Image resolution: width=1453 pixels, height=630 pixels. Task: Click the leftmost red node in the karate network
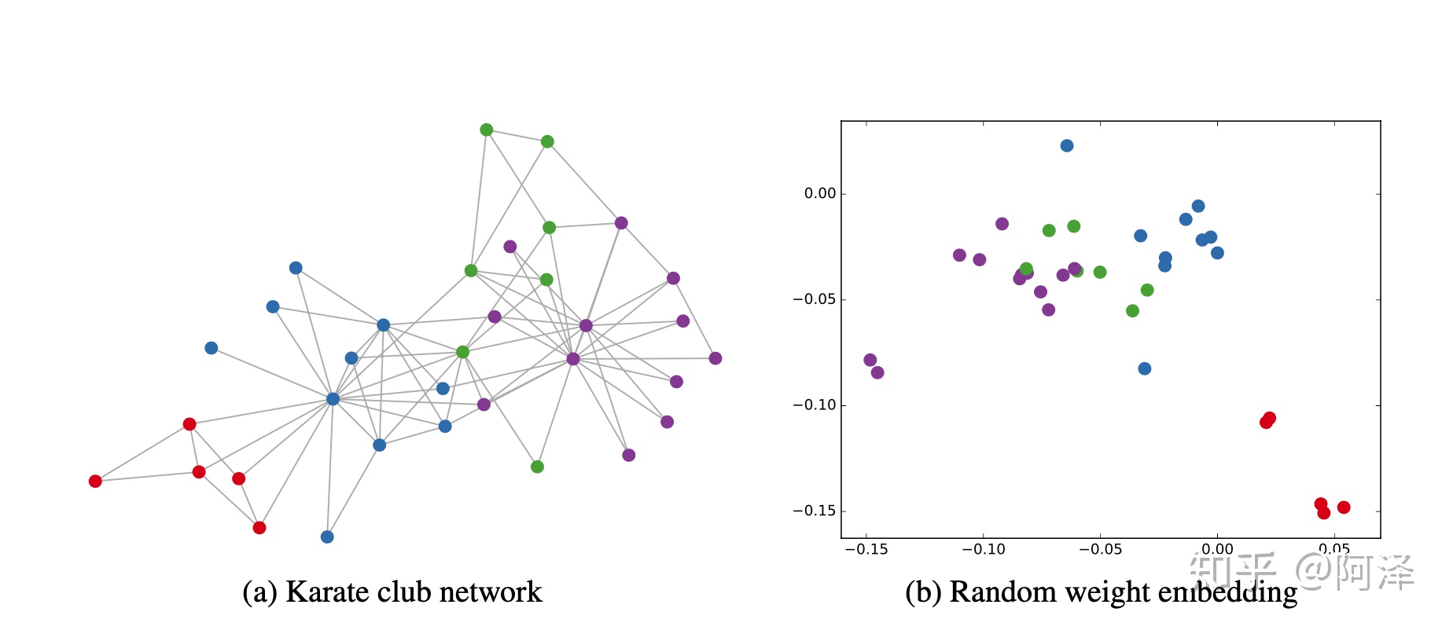(x=95, y=481)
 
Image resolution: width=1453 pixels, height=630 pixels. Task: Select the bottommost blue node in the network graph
(x=327, y=537)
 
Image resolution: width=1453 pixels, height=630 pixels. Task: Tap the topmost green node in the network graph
(x=487, y=130)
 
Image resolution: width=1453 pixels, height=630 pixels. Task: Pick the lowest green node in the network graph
(x=537, y=467)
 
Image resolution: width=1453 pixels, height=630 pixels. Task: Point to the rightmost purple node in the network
(x=715, y=358)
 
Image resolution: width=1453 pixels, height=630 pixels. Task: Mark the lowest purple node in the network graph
(x=629, y=455)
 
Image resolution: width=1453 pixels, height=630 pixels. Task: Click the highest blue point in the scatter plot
(x=1067, y=145)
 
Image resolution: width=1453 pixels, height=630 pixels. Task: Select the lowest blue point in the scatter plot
(x=1145, y=368)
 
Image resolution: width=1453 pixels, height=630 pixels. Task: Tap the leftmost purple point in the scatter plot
(x=870, y=360)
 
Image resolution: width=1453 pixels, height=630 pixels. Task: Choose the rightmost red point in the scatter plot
(x=1344, y=507)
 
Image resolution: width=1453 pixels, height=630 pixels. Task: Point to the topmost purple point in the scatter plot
(x=1002, y=224)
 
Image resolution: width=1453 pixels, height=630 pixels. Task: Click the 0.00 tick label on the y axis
(x=820, y=193)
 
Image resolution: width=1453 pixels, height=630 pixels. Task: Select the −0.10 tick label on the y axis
(x=815, y=405)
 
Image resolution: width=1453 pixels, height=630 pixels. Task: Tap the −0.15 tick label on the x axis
(x=866, y=550)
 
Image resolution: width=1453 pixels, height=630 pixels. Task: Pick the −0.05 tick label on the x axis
(x=1100, y=550)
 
